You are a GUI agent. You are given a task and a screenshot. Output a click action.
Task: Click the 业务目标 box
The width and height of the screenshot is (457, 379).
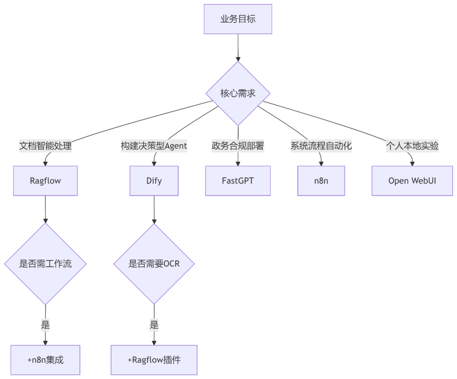(x=238, y=19)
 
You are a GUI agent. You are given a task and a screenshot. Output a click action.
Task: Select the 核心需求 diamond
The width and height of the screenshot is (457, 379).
(x=238, y=93)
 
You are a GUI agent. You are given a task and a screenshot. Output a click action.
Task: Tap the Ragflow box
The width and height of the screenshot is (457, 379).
(x=45, y=181)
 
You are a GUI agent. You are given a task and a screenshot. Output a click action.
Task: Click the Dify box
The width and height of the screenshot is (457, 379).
(x=154, y=181)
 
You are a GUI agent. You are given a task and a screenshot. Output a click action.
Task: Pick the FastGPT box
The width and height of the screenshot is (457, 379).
(x=238, y=181)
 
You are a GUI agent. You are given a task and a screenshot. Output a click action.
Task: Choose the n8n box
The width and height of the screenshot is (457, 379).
(x=321, y=181)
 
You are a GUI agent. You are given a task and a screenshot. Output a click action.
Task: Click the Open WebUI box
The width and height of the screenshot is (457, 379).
(x=412, y=181)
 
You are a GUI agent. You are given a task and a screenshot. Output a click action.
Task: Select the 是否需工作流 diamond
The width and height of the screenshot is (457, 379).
(x=45, y=264)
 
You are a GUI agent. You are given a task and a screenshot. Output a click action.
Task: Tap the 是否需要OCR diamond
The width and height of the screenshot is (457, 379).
(x=154, y=264)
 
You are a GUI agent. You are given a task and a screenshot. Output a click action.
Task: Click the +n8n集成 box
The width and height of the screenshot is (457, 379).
(x=45, y=360)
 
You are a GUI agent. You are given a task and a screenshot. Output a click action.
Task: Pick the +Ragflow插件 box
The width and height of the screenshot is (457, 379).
(x=154, y=360)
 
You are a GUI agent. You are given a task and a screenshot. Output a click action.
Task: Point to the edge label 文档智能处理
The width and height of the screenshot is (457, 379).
(x=45, y=146)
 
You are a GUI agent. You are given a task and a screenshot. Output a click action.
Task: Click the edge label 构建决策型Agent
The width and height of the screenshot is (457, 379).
(x=154, y=146)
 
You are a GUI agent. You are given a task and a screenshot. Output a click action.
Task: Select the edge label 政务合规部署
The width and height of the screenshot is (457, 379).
(x=238, y=146)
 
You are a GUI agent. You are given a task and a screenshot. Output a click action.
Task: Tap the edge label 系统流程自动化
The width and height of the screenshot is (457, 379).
(x=321, y=146)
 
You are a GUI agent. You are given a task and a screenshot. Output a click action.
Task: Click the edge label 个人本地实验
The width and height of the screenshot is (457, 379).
(x=412, y=146)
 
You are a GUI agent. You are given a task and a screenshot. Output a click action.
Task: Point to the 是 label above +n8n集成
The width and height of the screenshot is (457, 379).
(x=45, y=325)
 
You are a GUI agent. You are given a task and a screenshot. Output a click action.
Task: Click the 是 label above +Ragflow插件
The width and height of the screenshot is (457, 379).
(x=154, y=325)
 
